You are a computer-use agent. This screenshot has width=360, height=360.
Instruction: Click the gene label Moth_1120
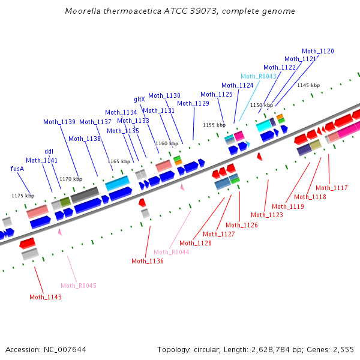(x=318, y=51)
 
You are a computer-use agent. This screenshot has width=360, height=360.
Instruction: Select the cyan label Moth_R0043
(x=259, y=76)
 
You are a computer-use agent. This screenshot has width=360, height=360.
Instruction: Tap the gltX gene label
(x=139, y=99)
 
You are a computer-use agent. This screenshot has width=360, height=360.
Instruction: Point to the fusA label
(x=17, y=169)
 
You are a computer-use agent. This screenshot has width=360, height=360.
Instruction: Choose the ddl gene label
(x=49, y=151)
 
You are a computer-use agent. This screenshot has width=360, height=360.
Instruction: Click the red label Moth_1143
(x=46, y=296)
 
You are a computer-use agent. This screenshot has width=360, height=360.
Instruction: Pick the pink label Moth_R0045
(x=79, y=286)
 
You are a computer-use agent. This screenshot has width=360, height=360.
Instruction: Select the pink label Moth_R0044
(x=172, y=252)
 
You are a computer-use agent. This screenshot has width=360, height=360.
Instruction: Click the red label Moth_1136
(x=148, y=261)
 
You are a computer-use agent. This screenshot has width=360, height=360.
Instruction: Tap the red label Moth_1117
(x=332, y=188)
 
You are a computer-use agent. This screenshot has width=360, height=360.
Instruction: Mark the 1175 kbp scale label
(x=23, y=196)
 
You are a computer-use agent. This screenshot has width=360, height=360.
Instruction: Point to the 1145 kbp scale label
(x=308, y=85)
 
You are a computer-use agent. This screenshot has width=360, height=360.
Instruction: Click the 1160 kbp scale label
(x=167, y=143)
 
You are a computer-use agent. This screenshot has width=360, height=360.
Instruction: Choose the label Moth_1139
(x=59, y=122)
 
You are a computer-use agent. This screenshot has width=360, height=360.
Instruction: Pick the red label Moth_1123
(x=267, y=214)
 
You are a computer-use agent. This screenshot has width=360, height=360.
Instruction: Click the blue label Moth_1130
(x=164, y=95)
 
